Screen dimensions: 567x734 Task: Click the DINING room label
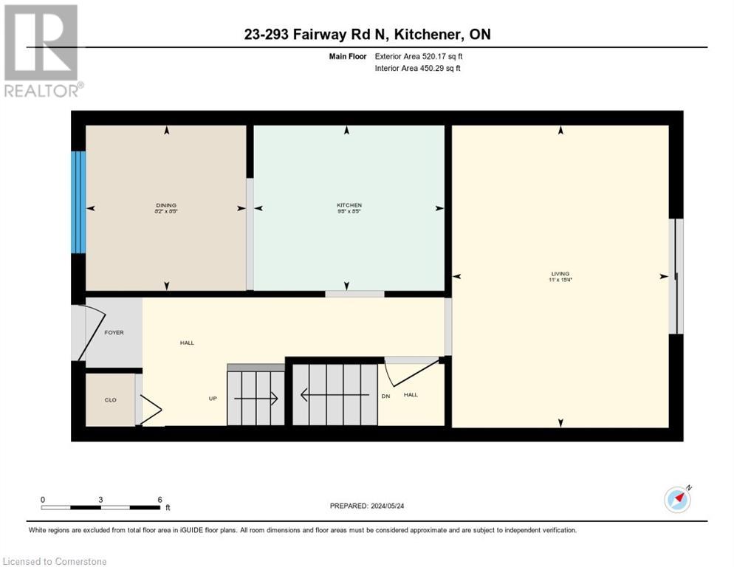click(x=166, y=205)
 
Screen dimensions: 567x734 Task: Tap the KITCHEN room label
click(x=349, y=205)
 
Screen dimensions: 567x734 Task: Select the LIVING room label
click(x=560, y=273)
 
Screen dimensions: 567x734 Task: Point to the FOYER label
click(x=114, y=332)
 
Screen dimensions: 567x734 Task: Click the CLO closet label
click(x=110, y=399)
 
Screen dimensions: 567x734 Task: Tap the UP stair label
click(x=213, y=398)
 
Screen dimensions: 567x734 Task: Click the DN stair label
click(x=385, y=395)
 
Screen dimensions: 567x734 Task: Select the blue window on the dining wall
click(x=78, y=202)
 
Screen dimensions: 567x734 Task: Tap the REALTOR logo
click(x=41, y=50)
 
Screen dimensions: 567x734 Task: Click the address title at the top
click(x=367, y=34)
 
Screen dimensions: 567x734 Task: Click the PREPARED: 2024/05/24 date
click(x=367, y=506)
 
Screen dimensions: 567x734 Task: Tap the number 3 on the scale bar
click(x=100, y=499)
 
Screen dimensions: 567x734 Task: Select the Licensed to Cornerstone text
click(x=55, y=562)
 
